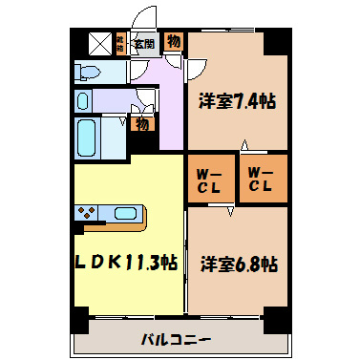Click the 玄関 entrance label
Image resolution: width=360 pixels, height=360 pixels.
[x=145, y=42]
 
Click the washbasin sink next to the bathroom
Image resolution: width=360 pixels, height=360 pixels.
[x=85, y=101]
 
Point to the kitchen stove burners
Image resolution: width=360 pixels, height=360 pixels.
[x=87, y=213]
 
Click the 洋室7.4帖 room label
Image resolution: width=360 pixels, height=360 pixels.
[x=238, y=99]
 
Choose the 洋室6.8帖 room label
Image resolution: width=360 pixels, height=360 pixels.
[x=239, y=263]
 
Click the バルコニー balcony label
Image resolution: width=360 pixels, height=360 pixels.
[x=177, y=338]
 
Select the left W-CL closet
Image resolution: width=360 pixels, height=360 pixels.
[x=209, y=179]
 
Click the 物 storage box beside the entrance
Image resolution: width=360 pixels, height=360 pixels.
[x=174, y=41]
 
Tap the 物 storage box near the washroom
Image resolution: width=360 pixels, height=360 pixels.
[x=141, y=123]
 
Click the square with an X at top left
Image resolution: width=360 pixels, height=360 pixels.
[x=100, y=42]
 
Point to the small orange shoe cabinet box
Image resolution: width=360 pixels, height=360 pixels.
[x=121, y=42]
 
